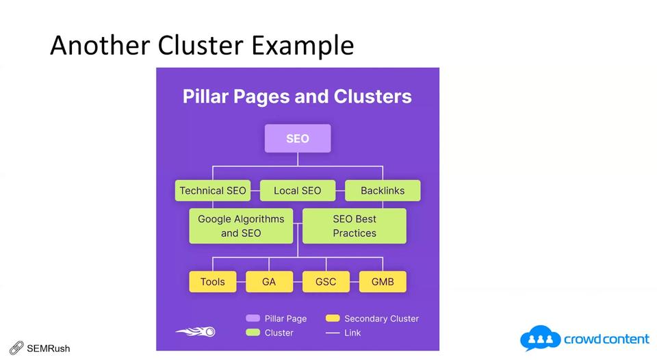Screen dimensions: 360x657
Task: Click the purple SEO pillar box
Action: pos(298,138)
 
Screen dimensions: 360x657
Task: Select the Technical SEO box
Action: pos(212,190)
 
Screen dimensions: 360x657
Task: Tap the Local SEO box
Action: pos(297,190)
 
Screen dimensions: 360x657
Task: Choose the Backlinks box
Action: pos(383,190)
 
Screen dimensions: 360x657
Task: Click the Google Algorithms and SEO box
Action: pos(241,226)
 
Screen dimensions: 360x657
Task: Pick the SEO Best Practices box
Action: pos(355,226)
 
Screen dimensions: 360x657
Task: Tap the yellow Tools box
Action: pos(213,281)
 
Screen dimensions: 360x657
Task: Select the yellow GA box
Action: pos(269,281)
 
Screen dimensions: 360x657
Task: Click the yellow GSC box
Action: pos(326,281)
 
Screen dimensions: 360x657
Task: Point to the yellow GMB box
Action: pos(383,281)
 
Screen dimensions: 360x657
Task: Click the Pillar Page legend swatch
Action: pos(253,318)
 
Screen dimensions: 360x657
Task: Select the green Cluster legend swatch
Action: pos(253,333)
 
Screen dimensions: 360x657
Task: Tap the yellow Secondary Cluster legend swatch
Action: pos(333,318)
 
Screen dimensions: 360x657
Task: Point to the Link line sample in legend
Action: pos(333,333)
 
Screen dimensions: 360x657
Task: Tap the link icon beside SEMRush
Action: pos(16,348)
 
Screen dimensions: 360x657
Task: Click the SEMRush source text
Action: pos(49,348)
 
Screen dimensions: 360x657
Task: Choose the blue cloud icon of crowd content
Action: pos(540,339)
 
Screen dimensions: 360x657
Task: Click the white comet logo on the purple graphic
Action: pos(196,332)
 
